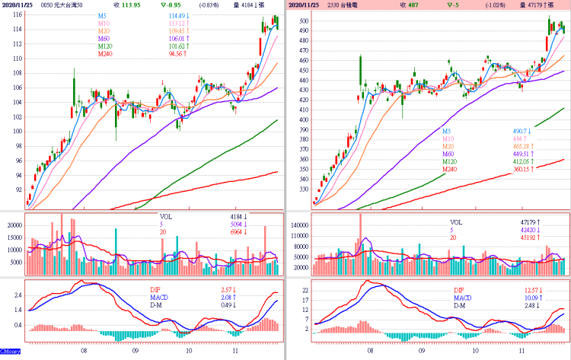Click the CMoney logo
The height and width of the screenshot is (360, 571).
[11, 352]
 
